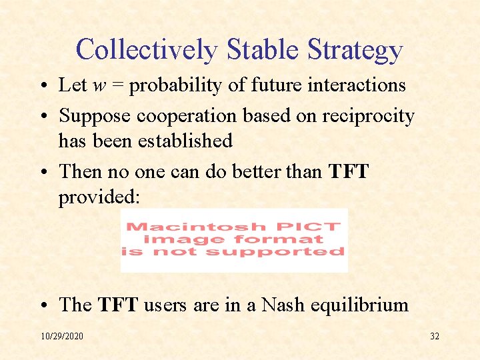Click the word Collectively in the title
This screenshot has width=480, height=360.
pos(147,50)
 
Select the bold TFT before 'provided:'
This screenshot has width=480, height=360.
pos(348,171)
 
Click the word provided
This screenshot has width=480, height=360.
pos(99,197)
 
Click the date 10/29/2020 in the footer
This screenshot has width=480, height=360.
pos(62,336)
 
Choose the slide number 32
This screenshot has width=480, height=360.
pos(434,336)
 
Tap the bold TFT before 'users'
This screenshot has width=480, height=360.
pos(118,305)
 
